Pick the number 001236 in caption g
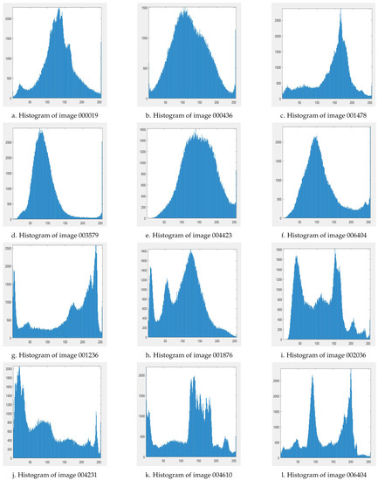[x=89, y=351]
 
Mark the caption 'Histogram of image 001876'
[x=189, y=351]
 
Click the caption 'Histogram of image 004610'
[x=189, y=471]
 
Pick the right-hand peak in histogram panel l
[x=350, y=370]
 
